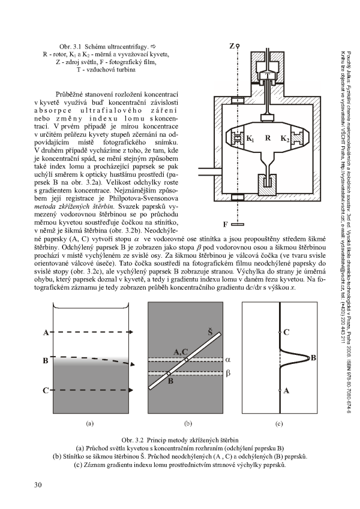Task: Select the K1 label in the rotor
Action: (x=250, y=138)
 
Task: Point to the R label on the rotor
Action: (x=268, y=138)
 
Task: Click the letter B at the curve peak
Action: (x=314, y=357)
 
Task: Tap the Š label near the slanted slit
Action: (x=210, y=330)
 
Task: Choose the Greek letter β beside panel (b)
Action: (x=228, y=374)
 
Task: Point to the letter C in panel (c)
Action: (x=287, y=332)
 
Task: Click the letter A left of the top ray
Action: (x=46, y=332)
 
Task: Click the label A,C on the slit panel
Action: (x=181, y=351)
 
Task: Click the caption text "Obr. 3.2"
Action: (x=132, y=439)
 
